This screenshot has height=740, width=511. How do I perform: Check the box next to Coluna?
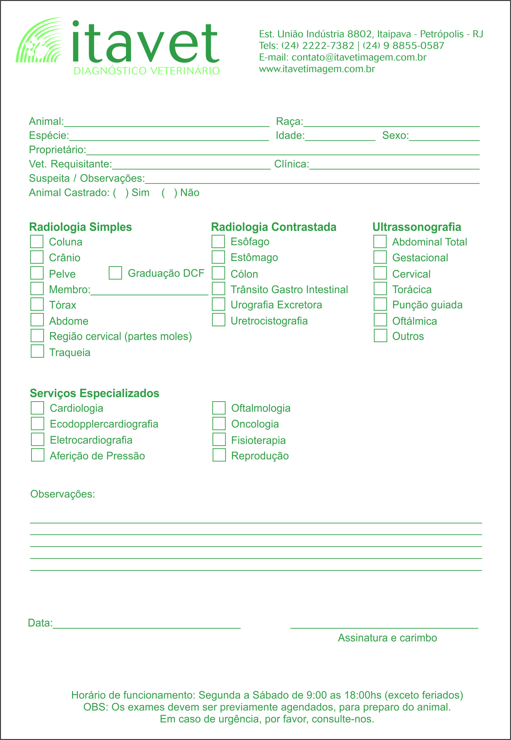coord(37,241)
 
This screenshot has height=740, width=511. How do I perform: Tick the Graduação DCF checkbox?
coord(115,273)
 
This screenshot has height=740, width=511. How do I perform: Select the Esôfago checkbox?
coord(218,241)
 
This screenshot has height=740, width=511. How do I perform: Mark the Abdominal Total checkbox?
coord(380,241)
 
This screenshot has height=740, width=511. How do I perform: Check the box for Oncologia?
coord(219,424)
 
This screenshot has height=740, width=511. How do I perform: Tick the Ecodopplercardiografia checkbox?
coord(38,424)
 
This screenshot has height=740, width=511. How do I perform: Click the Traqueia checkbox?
coord(38,351)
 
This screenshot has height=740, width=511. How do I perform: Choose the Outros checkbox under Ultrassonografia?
coord(380,335)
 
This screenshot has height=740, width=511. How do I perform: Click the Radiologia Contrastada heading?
coord(274,227)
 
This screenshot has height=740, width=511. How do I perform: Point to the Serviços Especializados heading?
coord(94,393)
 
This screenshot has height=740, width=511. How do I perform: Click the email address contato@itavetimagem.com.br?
coord(359,57)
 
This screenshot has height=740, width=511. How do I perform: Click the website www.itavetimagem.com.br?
coord(317,69)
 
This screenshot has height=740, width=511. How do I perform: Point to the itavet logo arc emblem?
coord(39,40)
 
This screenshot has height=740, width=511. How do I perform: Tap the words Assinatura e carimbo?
coord(387,638)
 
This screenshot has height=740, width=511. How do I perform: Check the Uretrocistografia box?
coord(218,320)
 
